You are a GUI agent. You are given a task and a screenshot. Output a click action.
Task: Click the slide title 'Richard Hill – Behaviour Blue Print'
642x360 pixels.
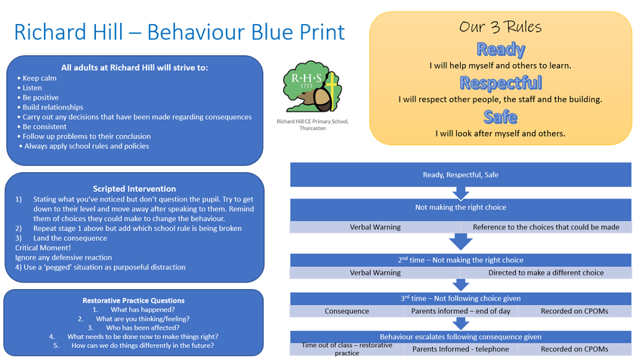[x=179, y=32]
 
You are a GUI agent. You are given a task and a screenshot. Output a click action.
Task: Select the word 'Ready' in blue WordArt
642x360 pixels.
[x=500, y=50]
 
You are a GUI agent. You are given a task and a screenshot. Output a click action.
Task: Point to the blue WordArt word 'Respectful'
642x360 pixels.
[x=500, y=83]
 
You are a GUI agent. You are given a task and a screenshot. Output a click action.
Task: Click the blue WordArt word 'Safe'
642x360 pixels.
[x=500, y=117]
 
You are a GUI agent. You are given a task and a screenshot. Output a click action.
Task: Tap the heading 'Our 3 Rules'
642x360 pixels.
[x=500, y=27]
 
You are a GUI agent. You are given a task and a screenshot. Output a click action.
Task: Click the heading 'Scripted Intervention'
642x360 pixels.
[x=134, y=189]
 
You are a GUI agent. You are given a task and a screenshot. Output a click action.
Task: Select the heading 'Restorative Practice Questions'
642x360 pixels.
[x=133, y=300]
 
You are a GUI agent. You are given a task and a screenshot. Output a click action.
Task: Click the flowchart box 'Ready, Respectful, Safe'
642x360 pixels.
[x=460, y=175]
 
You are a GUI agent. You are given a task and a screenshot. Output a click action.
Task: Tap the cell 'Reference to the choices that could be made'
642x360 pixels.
[x=546, y=227]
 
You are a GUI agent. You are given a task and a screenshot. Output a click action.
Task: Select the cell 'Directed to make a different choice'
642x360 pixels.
[x=546, y=272]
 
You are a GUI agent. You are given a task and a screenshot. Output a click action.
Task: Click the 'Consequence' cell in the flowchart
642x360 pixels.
[x=347, y=311]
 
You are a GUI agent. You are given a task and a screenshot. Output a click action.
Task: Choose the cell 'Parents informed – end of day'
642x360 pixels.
[x=460, y=311]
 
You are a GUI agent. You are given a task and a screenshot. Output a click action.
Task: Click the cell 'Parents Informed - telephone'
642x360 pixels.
[x=460, y=349]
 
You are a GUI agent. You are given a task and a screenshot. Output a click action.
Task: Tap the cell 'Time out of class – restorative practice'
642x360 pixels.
[x=347, y=349]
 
